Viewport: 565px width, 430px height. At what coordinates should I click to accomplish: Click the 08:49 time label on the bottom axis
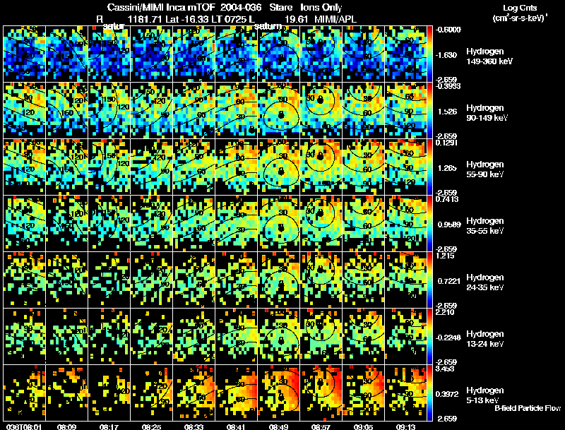point(280,426)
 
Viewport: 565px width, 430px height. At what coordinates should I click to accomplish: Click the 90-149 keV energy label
point(487,118)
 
